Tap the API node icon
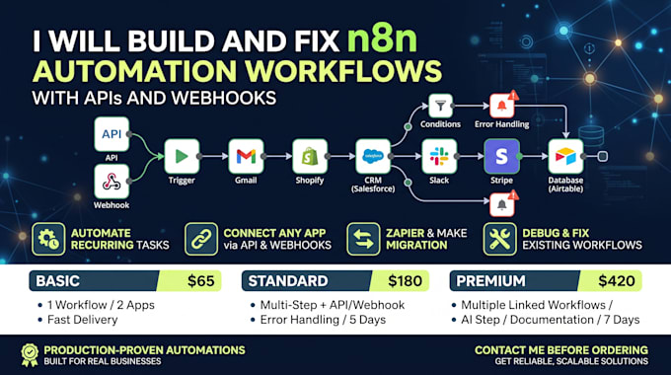click(112, 134)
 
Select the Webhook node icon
click(112, 182)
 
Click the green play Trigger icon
click(182, 156)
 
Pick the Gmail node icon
click(246, 156)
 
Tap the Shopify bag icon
click(310, 156)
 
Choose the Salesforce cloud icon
click(373, 156)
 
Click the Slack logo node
click(439, 156)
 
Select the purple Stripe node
click(502, 156)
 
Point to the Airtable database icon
click(565, 156)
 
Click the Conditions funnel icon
click(440, 106)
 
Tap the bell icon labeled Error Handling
click(502, 106)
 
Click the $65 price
click(200, 281)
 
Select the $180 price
click(405, 281)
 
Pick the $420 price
click(616, 281)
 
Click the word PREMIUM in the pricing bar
click(490, 281)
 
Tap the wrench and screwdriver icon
click(500, 239)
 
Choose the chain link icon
click(201, 239)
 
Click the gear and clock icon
click(48, 239)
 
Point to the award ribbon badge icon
click(30, 355)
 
